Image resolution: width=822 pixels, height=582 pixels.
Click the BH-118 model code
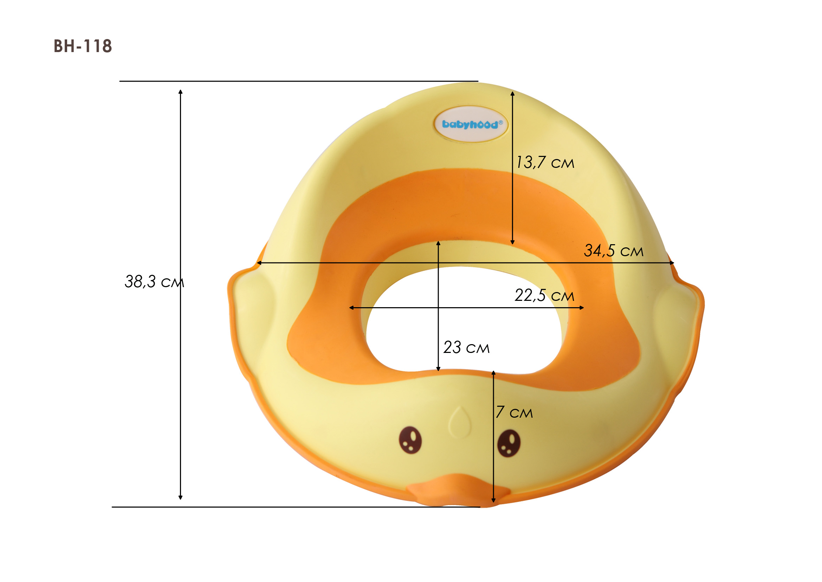[x=83, y=46]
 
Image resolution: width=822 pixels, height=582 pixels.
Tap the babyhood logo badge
[x=471, y=124]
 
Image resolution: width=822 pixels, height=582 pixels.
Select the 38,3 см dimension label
[x=154, y=282]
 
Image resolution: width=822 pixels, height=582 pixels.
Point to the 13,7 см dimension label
[x=545, y=162]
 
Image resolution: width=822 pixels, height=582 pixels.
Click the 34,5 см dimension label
[x=614, y=251]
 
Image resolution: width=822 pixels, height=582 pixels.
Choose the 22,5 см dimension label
[x=544, y=295]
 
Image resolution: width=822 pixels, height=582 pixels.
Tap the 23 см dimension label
[x=466, y=347]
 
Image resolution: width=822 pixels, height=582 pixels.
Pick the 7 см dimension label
[x=514, y=412]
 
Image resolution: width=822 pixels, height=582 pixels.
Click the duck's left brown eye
[x=410, y=440]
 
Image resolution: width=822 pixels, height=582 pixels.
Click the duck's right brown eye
[x=509, y=443]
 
